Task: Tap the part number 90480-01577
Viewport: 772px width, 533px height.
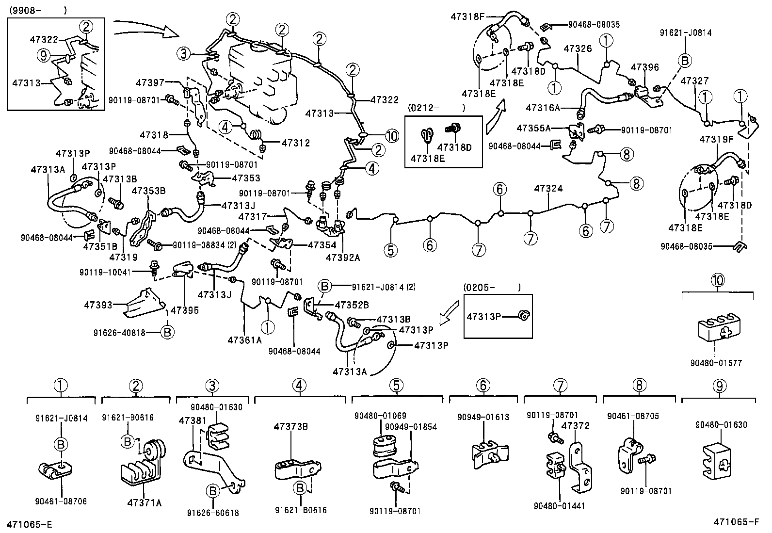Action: tap(717, 362)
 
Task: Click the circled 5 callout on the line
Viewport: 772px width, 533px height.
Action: tap(390, 250)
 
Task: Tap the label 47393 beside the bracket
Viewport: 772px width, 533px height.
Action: tap(98, 305)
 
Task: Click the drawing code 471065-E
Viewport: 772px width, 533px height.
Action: tap(29, 524)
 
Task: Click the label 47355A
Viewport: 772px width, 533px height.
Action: tap(533, 128)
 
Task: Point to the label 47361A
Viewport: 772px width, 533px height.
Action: tap(244, 340)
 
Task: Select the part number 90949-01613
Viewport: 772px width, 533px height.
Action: tap(483, 417)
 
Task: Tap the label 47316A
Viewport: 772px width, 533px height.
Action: tap(543, 108)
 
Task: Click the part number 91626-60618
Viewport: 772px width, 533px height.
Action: tap(212, 513)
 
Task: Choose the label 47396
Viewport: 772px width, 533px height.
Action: tap(645, 67)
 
